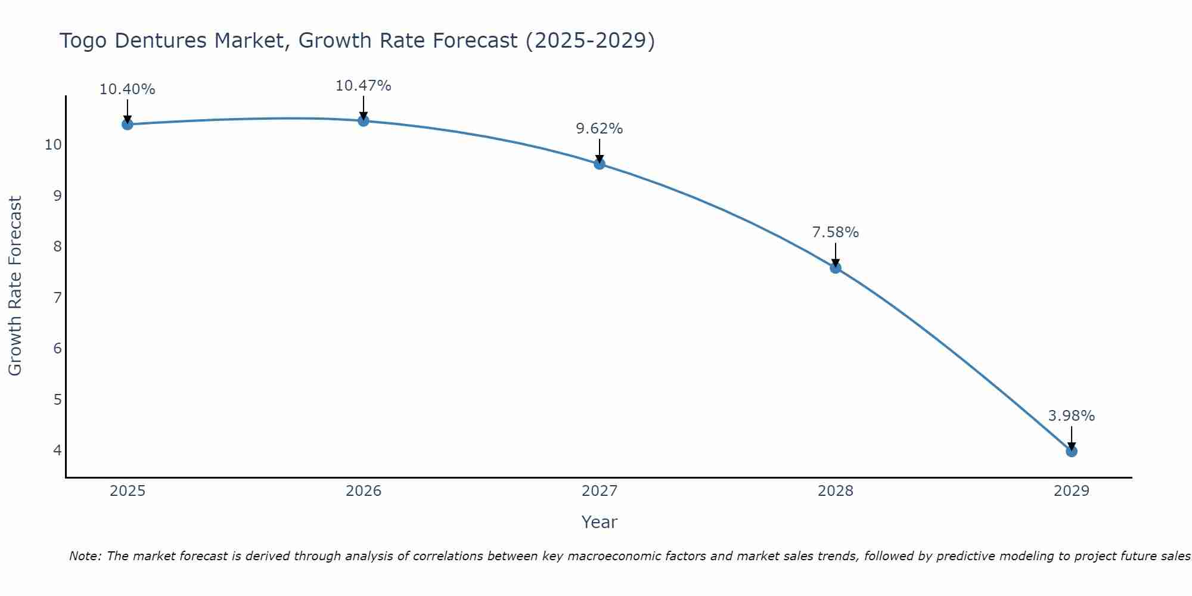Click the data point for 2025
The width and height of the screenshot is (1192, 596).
[x=127, y=124]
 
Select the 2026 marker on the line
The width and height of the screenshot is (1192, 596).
[x=364, y=121]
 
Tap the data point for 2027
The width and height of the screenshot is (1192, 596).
[x=600, y=164]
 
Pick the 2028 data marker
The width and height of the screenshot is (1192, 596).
[x=836, y=268]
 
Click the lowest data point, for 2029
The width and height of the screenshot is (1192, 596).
[x=1072, y=451]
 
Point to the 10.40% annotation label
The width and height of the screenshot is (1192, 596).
[x=127, y=89]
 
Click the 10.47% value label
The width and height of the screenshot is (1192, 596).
[x=363, y=86]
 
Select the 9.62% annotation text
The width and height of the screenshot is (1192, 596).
[x=599, y=129]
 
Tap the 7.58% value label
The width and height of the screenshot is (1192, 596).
[x=836, y=232]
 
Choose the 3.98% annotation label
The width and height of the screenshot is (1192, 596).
[x=1072, y=416]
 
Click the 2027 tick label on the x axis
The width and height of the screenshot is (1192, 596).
[x=600, y=491]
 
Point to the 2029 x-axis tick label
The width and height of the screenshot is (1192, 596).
[x=1072, y=491]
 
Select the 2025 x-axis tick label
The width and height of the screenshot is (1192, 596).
[x=128, y=491]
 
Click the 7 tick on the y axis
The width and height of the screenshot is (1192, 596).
[x=58, y=297]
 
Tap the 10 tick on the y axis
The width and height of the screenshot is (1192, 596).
[x=54, y=145]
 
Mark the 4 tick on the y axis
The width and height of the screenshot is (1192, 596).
[x=58, y=450]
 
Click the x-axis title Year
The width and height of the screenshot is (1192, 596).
[x=599, y=522]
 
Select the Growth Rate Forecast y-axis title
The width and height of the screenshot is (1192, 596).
[x=15, y=286]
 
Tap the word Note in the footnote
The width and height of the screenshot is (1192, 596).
[x=85, y=556]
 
